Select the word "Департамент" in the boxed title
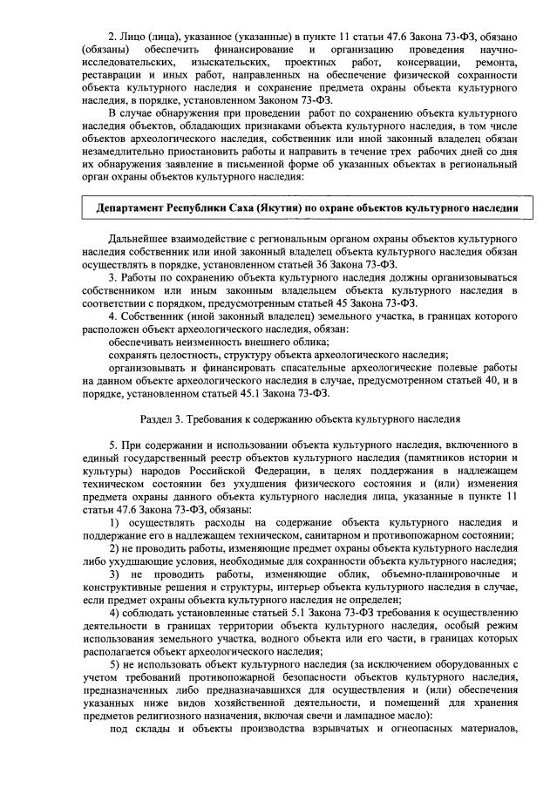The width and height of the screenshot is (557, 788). coord(134,209)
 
